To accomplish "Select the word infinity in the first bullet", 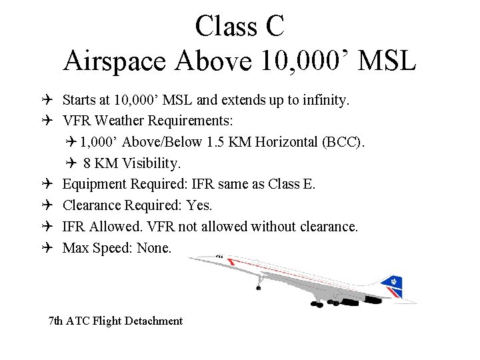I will coord(325,101).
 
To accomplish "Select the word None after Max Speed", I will coord(154,247).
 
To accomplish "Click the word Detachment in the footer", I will coord(155,321).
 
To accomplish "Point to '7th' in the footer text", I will coord(57,321).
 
